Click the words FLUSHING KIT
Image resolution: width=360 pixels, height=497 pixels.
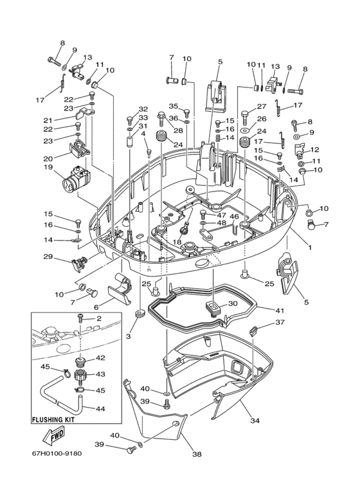click(x=53, y=419)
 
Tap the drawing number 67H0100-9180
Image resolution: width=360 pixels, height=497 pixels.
click(x=57, y=453)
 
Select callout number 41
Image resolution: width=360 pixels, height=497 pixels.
click(x=280, y=311)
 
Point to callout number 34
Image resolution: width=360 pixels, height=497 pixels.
click(x=255, y=420)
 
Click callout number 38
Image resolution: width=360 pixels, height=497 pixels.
click(x=197, y=454)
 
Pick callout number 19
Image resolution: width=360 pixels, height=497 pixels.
click(x=48, y=167)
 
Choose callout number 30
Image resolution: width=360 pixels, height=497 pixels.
click(x=233, y=303)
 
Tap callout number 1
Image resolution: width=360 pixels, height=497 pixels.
click(x=310, y=247)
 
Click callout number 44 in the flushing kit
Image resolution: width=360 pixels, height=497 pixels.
click(x=100, y=408)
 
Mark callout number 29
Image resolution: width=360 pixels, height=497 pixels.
click(x=48, y=257)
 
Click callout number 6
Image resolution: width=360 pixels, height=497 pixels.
click(x=96, y=307)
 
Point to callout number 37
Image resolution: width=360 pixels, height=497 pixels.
click(x=280, y=322)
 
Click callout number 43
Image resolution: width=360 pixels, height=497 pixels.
click(x=100, y=374)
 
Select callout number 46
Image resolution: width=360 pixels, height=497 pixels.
click(x=234, y=217)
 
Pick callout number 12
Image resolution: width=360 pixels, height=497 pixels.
click(x=315, y=149)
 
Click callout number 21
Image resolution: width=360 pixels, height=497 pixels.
click(x=48, y=120)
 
